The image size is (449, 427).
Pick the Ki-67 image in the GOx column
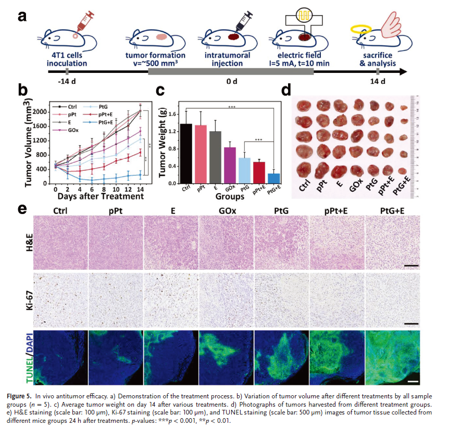227,299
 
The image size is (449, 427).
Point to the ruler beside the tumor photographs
415,146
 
